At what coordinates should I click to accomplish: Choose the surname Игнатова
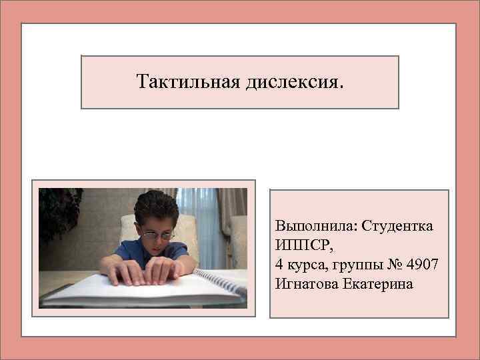click(x=305, y=283)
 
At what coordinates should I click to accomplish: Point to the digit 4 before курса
click(x=278, y=264)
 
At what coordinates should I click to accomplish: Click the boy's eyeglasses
click(x=159, y=234)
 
